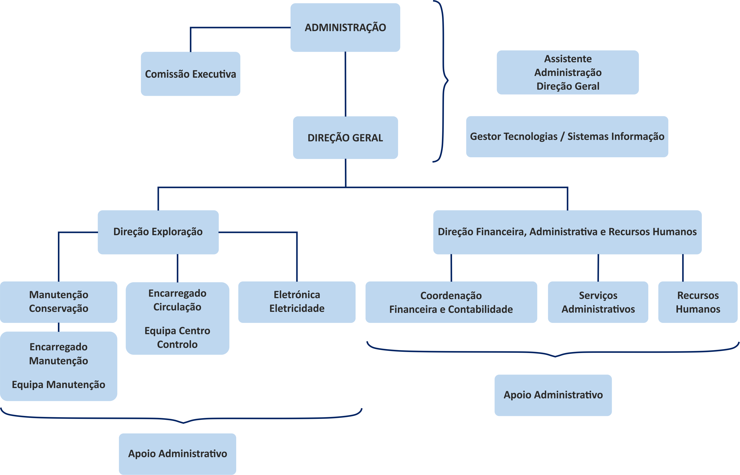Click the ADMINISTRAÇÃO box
click(x=345, y=27)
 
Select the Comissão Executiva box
click(x=191, y=74)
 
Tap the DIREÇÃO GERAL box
click(x=345, y=138)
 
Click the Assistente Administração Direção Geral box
click(x=568, y=73)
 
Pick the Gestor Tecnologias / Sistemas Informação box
click(x=567, y=137)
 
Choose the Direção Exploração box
click(x=158, y=232)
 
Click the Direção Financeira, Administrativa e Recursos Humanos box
click(x=567, y=232)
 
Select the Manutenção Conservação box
click(x=59, y=302)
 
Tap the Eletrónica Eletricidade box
click(x=297, y=302)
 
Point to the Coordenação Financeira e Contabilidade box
click(x=451, y=302)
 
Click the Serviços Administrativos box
click(x=598, y=302)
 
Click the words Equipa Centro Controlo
click(x=177, y=337)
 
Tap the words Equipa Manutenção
click(x=59, y=385)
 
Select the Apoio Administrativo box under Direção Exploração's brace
click(x=178, y=454)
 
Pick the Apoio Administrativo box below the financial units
click(x=553, y=395)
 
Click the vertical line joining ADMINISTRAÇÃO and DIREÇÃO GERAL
click(x=345, y=84)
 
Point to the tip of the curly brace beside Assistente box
click(x=448, y=81)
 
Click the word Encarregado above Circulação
click(x=177, y=293)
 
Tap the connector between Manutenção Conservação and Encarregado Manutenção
click(x=59, y=327)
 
